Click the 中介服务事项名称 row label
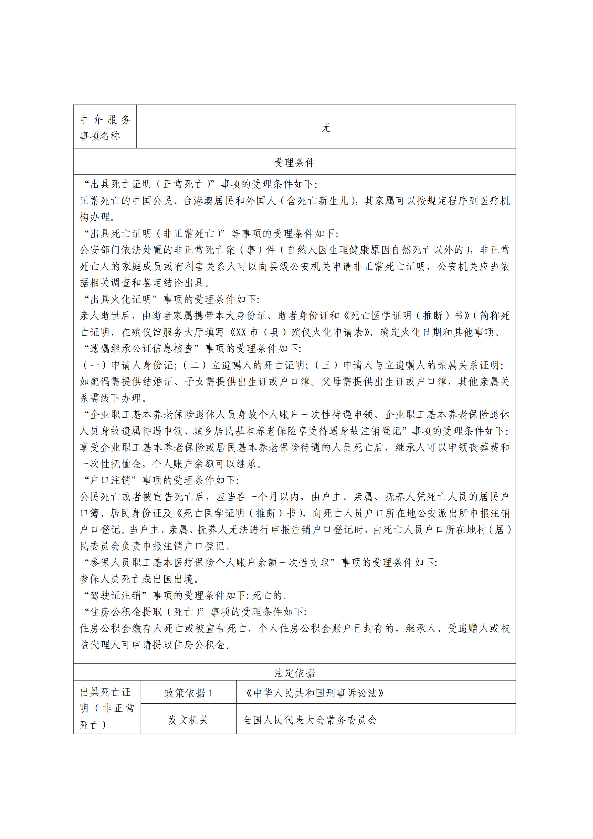(x=105, y=127)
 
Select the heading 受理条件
(x=294, y=162)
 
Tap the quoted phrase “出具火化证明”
(x=121, y=299)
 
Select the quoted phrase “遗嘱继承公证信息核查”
(x=142, y=349)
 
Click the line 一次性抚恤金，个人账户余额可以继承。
(x=171, y=464)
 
